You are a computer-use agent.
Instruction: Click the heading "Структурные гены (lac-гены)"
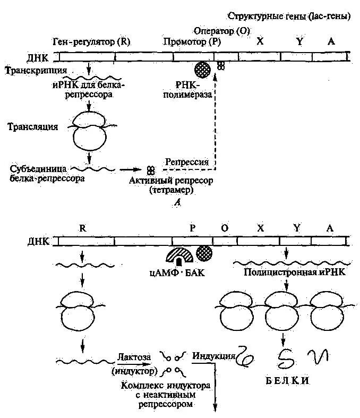[x=289, y=16]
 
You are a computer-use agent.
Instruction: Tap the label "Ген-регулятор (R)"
[x=92, y=41]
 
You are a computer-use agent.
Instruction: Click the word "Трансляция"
[x=33, y=126]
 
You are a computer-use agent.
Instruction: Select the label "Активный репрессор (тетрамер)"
[x=171, y=185]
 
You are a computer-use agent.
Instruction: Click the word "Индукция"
[x=213, y=355]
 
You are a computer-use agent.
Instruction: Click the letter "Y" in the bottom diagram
[x=296, y=228]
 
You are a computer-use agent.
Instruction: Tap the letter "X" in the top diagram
[x=260, y=41]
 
